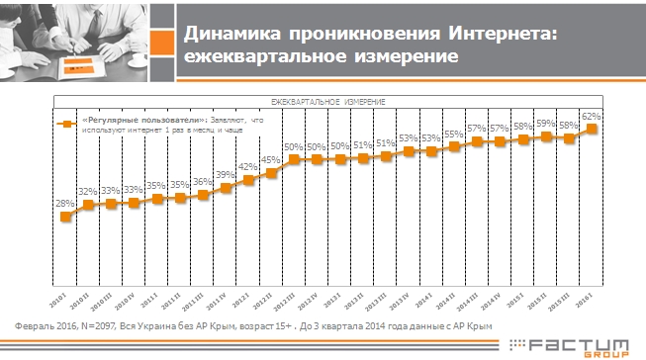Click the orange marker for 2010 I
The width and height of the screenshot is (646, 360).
point(65,218)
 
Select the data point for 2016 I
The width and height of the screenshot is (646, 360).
point(593,129)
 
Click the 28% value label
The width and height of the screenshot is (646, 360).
point(65,204)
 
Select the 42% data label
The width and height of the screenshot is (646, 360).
point(248,167)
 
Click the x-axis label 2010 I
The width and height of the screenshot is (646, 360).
point(60,299)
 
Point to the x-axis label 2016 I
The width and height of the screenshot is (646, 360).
point(588,299)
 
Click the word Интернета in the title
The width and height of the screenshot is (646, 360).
point(501,35)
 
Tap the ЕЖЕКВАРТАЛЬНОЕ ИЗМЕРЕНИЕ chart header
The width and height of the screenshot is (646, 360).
point(328,102)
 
